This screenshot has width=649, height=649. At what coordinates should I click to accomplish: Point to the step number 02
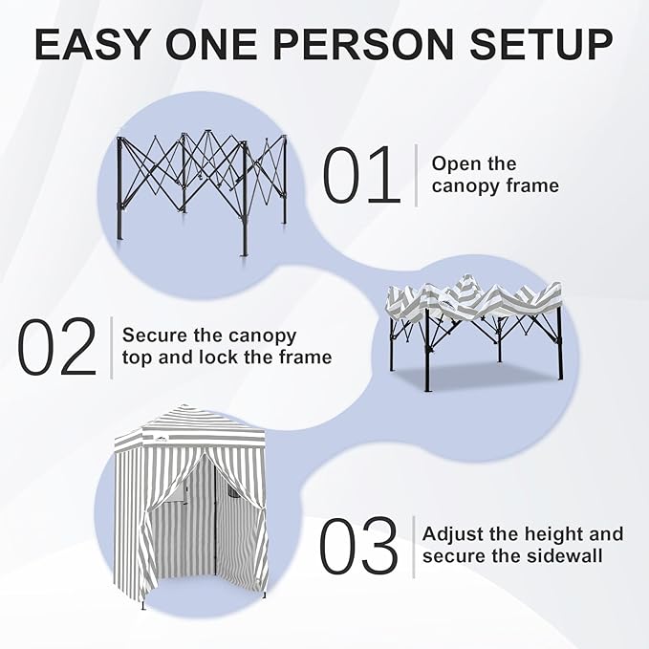[58, 347]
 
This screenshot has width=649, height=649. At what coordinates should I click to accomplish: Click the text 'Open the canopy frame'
[494, 175]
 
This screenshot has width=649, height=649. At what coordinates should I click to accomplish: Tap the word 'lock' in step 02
[226, 357]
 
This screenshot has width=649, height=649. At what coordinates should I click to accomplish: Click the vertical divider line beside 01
[416, 175]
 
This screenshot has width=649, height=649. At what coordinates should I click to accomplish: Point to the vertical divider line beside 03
[413, 546]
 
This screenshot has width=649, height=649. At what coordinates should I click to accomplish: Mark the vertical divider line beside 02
[111, 347]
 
